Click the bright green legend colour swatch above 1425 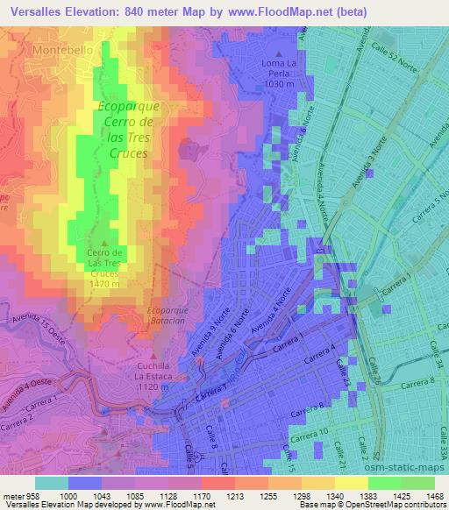(385, 482)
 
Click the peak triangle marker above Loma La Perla (278, 54)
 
